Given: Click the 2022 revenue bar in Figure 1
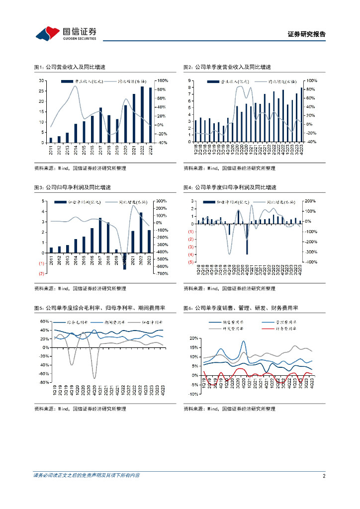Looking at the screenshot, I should click(x=142, y=114).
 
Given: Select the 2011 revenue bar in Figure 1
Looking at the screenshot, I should click(x=50, y=140).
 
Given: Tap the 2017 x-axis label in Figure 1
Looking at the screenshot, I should click(x=100, y=150).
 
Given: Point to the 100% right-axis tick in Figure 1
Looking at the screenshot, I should click(x=162, y=81).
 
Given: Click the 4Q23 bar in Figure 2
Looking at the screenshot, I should click(x=301, y=108).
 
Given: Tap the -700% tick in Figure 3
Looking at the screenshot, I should click(x=164, y=274).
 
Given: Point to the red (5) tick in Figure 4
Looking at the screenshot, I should click(x=190, y=262).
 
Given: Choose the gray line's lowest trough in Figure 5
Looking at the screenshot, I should click(x=94, y=378).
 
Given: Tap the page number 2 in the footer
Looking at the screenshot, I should click(x=324, y=476).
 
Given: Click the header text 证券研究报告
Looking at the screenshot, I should click(x=307, y=34).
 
